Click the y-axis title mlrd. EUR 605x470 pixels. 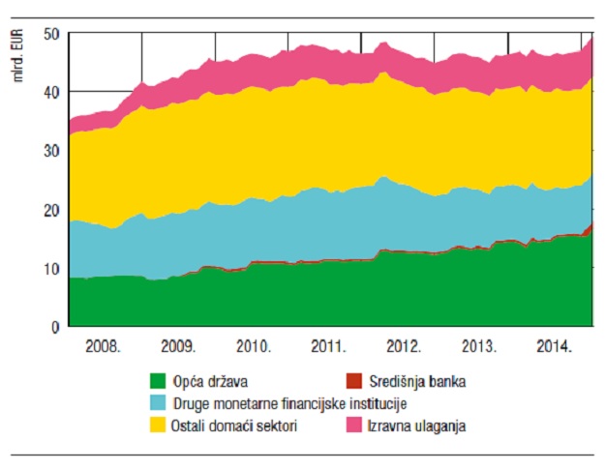(17, 55)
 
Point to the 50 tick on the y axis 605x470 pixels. (51, 35)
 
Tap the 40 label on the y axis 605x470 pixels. (51, 93)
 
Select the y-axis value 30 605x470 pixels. (51, 151)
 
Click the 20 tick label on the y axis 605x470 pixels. (51, 210)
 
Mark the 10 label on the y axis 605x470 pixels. (51, 269)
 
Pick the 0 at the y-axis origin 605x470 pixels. (55, 327)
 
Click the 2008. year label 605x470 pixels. (103, 346)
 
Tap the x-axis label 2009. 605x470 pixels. (178, 346)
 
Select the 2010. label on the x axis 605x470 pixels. (254, 346)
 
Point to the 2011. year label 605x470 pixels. (328, 346)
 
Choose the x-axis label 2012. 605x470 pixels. (404, 346)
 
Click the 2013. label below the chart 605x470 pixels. (479, 346)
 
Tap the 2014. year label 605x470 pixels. (554, 346)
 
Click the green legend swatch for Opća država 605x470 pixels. (158, 381)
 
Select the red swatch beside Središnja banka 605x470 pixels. (354, 381)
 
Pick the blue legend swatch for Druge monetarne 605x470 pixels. (158, 403)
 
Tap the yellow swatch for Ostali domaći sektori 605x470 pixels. (158, 425)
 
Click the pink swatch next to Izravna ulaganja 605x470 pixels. (354, 425)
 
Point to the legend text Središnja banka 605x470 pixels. (417, 381)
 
